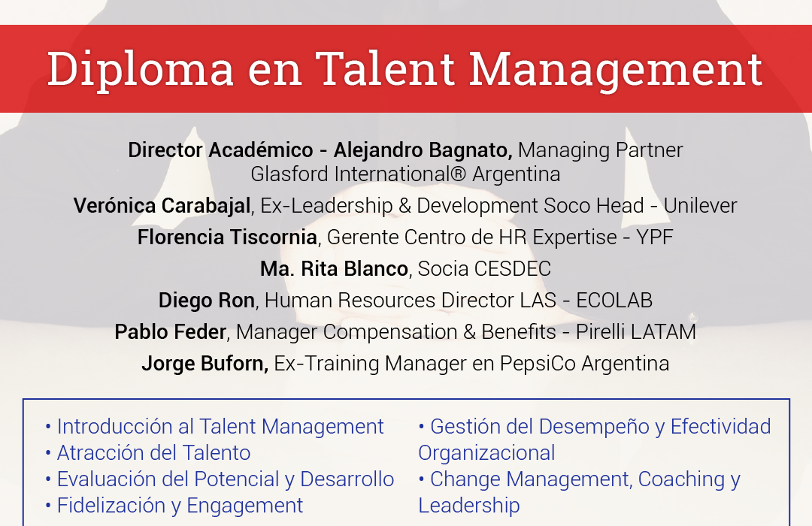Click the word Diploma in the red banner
(x=141, y=69)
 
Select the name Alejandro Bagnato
(x=423, y=150)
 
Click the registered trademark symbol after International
(x=459, y=174)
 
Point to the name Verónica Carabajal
(x=162, y=206)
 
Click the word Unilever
(x=700, y=206)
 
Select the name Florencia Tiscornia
(x=227, y=237)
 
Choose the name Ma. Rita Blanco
(x=334, y=269)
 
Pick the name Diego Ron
(x=207, y=301)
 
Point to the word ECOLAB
(x=614, y=301)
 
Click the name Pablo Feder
(x=171, y=332)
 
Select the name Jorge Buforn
(x=205, y=364)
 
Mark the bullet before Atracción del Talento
(x=48, y=454)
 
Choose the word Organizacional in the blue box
(x=486, y=454)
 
